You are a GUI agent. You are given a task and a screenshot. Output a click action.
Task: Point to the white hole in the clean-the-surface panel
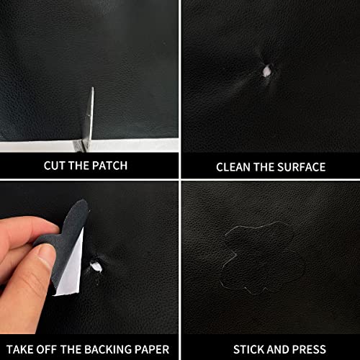pyautogui.click(x=266, y=70)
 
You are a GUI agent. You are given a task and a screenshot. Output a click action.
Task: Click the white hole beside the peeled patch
pyautogui.click(x=96, y=267)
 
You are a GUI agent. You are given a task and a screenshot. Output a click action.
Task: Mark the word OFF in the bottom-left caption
pyautogui.click(x=50, y=348)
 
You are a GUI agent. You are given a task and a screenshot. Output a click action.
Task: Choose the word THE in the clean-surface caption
pyautogui.click(x=264, y=167)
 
